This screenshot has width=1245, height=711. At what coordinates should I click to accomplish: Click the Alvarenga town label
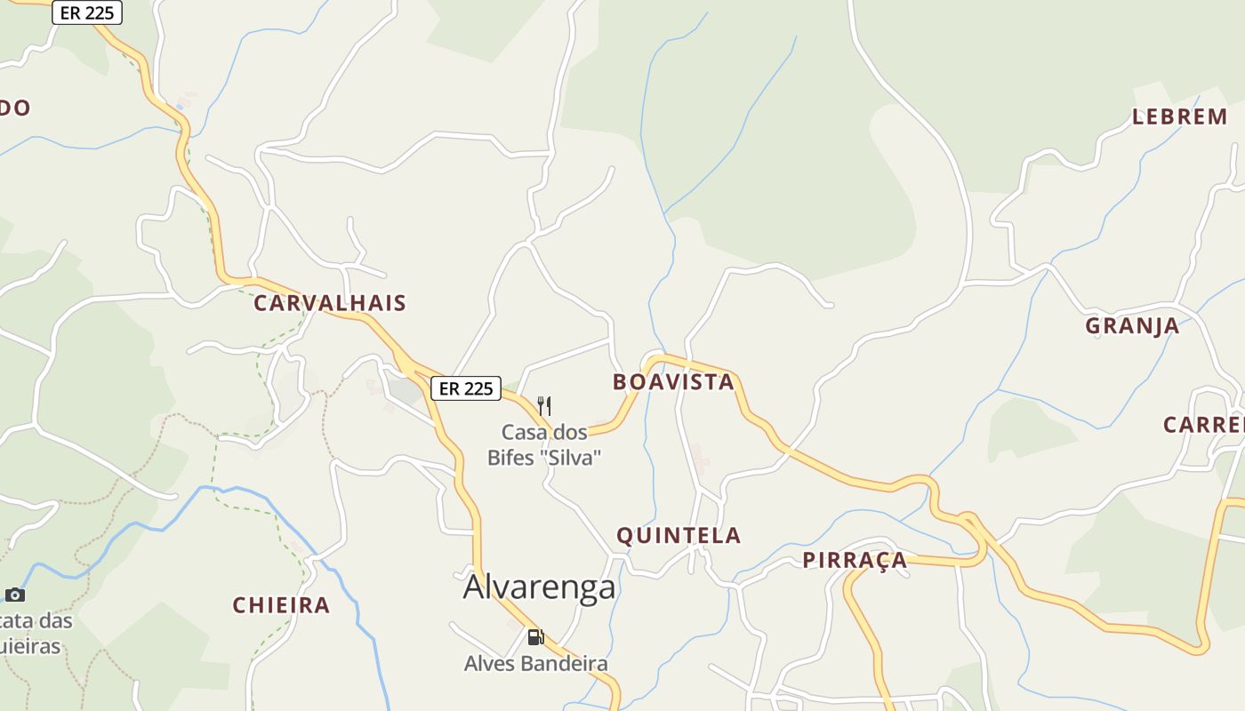pos(539,587)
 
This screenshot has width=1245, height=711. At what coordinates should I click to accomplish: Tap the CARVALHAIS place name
pos(330,303)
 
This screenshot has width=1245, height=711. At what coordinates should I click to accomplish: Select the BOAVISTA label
pos(673,382)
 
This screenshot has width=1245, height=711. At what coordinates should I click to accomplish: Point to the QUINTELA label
pos(679,535)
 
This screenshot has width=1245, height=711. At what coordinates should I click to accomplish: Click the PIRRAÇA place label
pos(855,560)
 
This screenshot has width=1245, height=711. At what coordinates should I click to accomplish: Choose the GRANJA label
pos(1132,326)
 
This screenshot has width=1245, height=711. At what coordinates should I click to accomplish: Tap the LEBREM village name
pos(1179,117)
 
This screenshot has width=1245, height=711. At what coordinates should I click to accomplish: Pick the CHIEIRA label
pos(281,606)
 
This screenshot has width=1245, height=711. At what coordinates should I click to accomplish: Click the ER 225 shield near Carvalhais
pos(466,388)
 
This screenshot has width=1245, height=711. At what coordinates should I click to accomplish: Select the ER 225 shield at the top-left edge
pos(87,13)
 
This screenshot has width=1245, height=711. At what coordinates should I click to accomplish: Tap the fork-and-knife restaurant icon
pos(544,406)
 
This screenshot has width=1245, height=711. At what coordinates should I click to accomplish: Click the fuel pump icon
pos(535,636)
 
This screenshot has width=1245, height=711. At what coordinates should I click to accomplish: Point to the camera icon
pos(15,595)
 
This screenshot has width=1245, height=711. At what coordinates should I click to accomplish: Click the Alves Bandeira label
pos(536,664)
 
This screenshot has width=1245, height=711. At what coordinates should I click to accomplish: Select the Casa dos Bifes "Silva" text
pos(544,445)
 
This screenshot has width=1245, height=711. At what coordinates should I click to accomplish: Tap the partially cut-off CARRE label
pos(1203,425)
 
